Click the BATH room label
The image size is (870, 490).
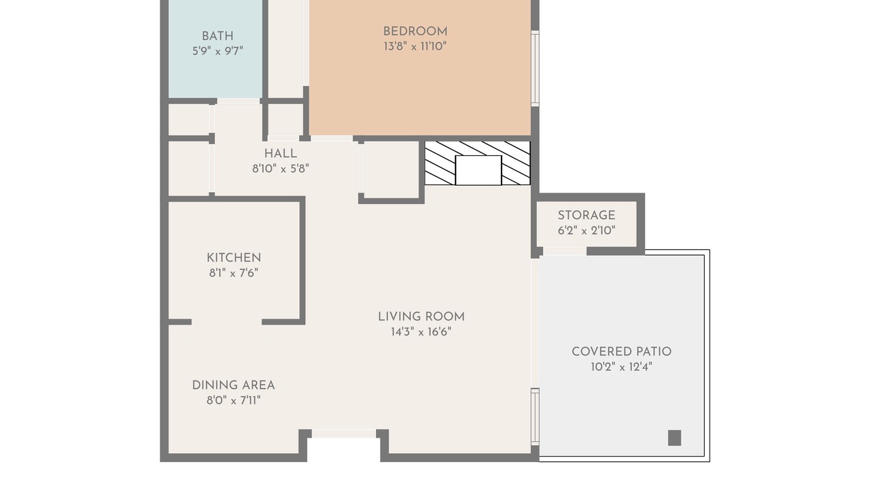click(x=217, y=36)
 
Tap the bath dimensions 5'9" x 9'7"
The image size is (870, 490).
click(x=217, y=51)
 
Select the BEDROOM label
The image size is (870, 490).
click(x=415, y=31)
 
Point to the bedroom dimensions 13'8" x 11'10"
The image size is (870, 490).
click(x=415, y=46)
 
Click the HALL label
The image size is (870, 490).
click(x=281, y=154)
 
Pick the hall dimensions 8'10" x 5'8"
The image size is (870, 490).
click(x=281, y=169)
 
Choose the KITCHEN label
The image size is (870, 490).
click(x=234, y=258)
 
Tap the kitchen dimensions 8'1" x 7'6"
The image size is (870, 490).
click(x=234, y=273)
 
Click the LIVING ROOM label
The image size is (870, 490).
click(x=421, y=316)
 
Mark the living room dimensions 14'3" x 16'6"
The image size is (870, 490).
click(x=421, y=331)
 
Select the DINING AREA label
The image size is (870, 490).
click(x=233, y=385)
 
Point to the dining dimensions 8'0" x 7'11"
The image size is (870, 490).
click(x=233, y=400)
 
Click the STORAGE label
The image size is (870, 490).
click(x=587, y=216)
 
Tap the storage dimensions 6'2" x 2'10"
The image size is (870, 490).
click(x=587, y=231)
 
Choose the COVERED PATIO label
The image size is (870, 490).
click(x=621, y=352)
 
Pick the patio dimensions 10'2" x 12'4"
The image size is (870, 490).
click(x=621, y=367)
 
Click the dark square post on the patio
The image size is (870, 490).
click(x=674, y=438)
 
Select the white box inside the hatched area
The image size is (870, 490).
click(x=478, y=170)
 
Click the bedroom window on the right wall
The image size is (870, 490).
click(x=535, y=69)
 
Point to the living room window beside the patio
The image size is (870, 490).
click(x=535, y=416)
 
